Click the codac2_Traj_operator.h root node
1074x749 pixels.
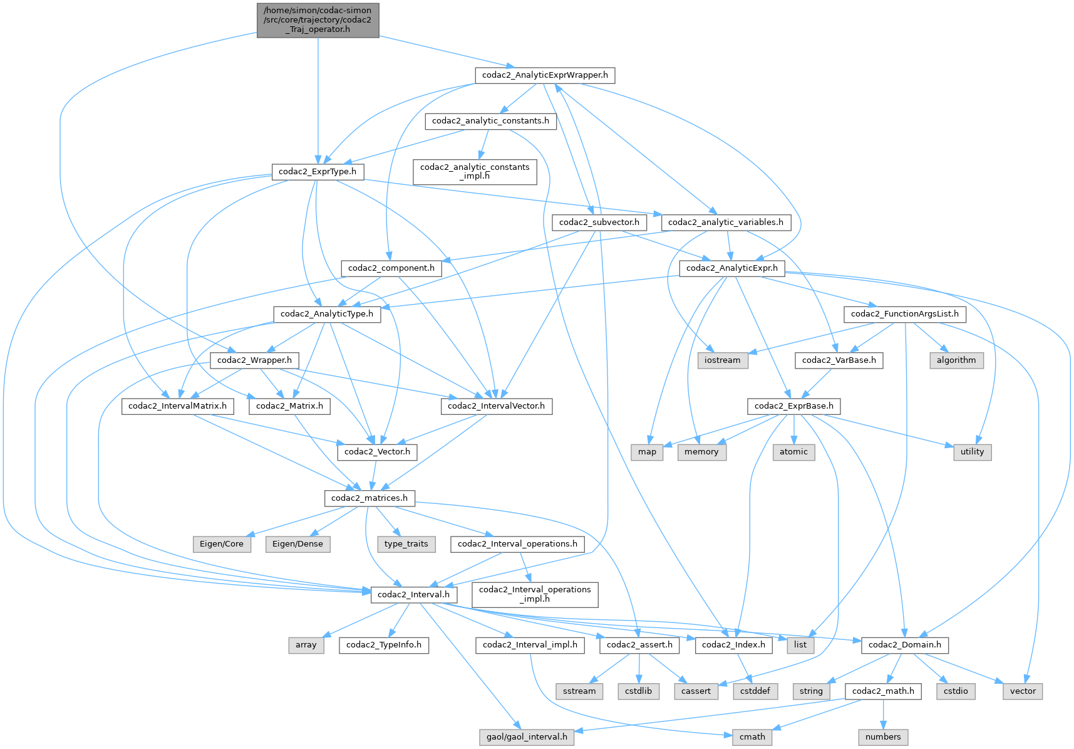pyautogui.click(x=318, y=20)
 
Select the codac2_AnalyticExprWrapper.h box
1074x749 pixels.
pyautogui.click(x=545, y=75)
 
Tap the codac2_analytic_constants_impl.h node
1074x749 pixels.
pyautogui.click(x=475, y=171)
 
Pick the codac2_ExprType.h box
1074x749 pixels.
pyautogui.click(x=318, y=172)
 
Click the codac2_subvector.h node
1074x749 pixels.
pyautogui.click(x=599, y=223)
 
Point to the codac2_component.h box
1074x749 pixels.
pyautogui.click(x=391, y=268)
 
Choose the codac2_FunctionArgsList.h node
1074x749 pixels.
pyautogui.click(x=904, y=314)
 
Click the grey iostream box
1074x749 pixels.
pyautogui.click(x=722, y=360)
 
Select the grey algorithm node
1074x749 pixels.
pyautogui.click(x=956, y=360)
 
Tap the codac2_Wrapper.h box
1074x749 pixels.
pyautogui.click(x=254, y=360)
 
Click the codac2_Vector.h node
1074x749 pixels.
pyautogui.click(x=377, y=452)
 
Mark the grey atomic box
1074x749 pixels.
pyautogui.click(x=793, y=452)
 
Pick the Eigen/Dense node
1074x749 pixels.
pyautogui.click(x=297, y=544)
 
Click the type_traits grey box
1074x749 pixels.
pyautogui.click(x=406, y=544)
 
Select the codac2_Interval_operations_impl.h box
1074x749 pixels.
pyautogui.click(x=535, y=594)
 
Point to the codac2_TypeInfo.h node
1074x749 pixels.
pyautogui.click(x=383, y=645)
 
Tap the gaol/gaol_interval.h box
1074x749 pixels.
pyautogui.click(x=527, y=737)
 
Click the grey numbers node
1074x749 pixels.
pyautogui.click(x=883, y=737)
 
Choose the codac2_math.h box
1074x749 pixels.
pyautogui.click(x=883, y=691)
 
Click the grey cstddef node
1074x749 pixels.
pyautogui.click(x=755, y=691)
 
